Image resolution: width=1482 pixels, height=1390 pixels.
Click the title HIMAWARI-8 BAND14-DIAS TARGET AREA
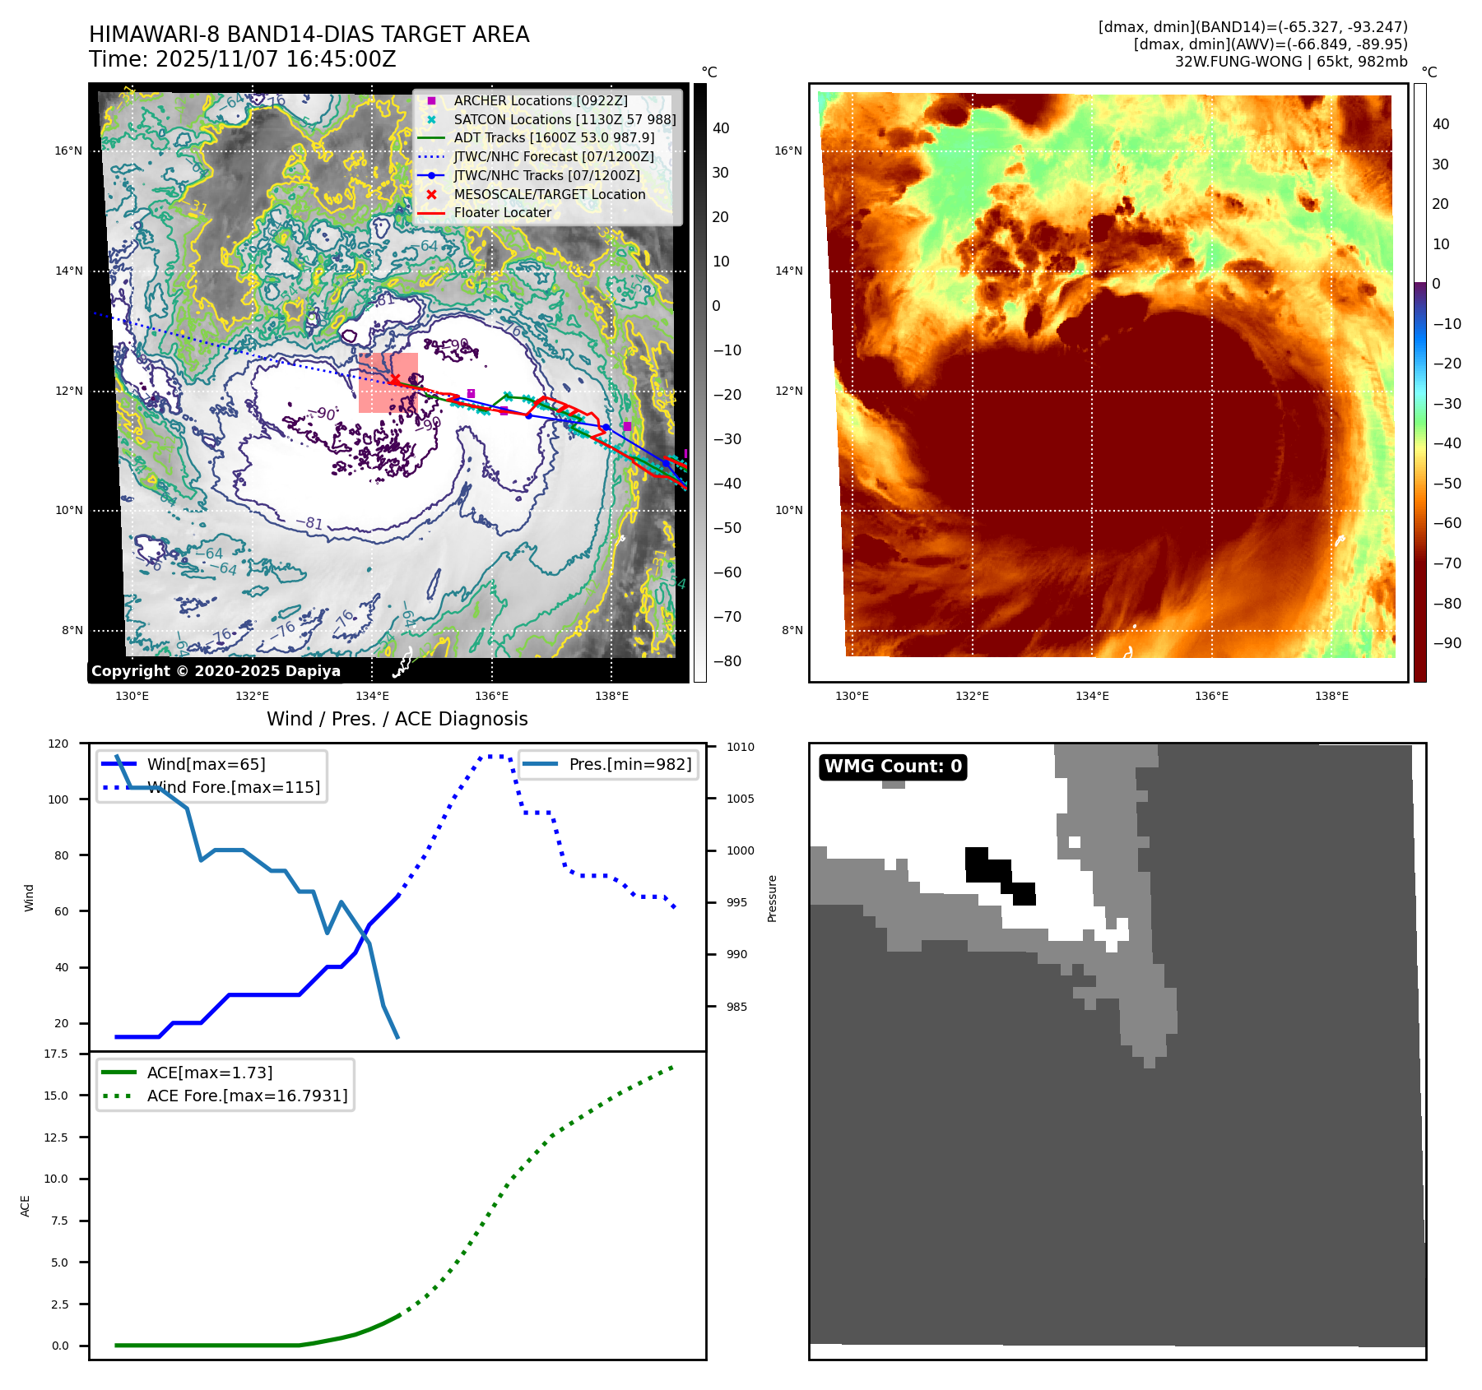coord(309,35)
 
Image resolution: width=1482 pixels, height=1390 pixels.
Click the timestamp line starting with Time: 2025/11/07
coord(243,59)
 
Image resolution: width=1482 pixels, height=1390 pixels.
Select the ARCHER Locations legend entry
coord(540,100)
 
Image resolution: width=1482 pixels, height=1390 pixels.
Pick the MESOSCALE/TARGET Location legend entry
coord(549,194)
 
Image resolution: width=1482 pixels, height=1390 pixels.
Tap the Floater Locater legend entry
coord(502,212)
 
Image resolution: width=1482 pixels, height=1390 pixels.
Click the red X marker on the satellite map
coord(395,379)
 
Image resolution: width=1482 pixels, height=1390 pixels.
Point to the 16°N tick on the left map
coord(69,151)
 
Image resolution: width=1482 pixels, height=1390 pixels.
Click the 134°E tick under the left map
coord(372,696)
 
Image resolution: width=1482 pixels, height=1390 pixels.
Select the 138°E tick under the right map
coord(1331,696)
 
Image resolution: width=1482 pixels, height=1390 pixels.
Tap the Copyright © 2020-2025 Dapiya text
coord(216,671)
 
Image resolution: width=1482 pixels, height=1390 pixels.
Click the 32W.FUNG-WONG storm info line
coord(1290,62)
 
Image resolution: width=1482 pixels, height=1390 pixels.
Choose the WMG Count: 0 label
coord(893,767)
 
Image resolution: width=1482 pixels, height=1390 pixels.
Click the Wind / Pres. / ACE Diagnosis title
coord(397,719)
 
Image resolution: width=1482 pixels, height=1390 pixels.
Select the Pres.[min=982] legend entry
coord(630,764)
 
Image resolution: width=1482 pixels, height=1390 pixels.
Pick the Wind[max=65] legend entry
coord(206,764)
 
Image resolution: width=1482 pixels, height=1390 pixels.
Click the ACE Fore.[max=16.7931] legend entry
coord(247,1096)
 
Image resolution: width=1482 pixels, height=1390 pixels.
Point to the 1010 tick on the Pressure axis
coord(740,747)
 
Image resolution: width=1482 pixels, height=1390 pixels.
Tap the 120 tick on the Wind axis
coord(59,744)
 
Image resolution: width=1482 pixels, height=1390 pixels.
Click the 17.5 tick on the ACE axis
coord(56,1054)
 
